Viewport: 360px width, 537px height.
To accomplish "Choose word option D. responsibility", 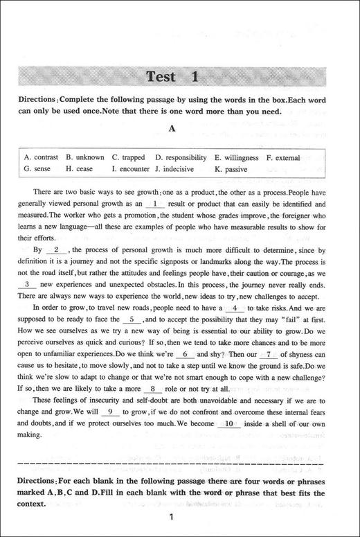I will click(181, 157).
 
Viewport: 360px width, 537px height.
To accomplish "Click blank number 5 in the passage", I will click(132, 320).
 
